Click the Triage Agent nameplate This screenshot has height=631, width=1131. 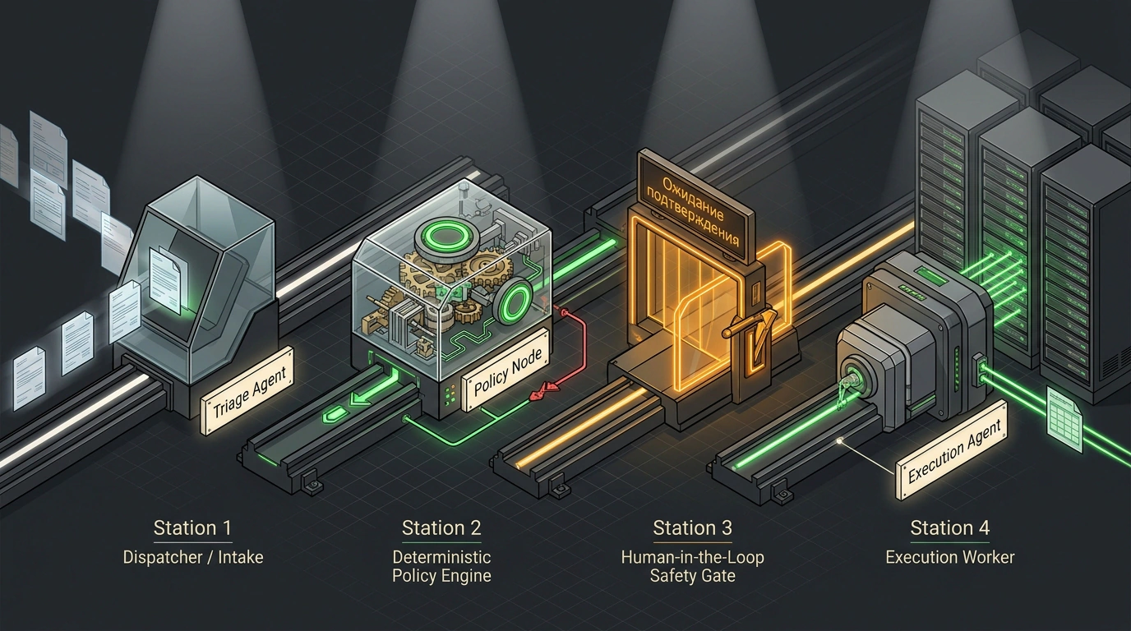point(247,391)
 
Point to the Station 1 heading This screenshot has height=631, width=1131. point(193,527)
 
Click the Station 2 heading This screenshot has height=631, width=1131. point(441,527)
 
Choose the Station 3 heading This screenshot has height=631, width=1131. point(692,527)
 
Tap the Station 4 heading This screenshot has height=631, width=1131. point(949,527)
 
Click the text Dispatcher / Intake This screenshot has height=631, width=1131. point(193,557)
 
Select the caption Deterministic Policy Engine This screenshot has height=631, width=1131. point(441,566)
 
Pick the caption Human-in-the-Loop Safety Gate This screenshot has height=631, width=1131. point(692,566)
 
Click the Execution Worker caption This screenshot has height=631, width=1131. point(949,557)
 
